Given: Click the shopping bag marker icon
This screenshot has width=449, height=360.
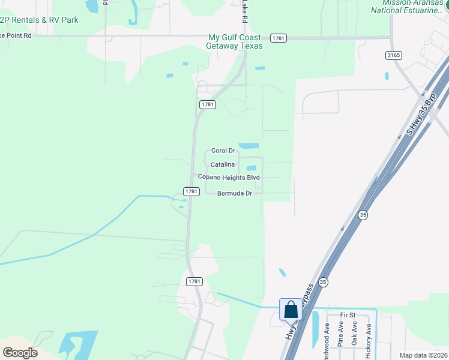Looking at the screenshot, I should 291,310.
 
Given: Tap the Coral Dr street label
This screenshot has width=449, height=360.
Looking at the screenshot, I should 223,151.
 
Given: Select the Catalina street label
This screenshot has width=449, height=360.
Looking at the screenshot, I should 222,164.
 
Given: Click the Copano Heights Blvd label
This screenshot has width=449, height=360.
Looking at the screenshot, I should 229,178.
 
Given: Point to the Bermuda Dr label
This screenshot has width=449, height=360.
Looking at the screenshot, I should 234,193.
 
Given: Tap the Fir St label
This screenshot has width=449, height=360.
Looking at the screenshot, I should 348,315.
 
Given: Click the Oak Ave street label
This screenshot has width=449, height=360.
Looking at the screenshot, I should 355,336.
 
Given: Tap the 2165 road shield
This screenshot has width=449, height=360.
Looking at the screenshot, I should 393,55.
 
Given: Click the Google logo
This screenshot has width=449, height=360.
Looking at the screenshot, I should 20,353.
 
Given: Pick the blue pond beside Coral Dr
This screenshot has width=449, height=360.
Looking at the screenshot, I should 249,146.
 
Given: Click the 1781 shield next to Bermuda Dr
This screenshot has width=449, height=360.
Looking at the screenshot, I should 191,191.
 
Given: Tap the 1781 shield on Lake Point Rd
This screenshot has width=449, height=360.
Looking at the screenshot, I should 278,38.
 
